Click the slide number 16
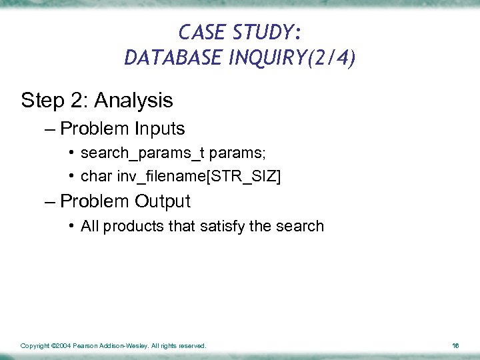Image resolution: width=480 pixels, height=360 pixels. coord(455,346)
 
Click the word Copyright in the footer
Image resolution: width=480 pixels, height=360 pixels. coord(35,346)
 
